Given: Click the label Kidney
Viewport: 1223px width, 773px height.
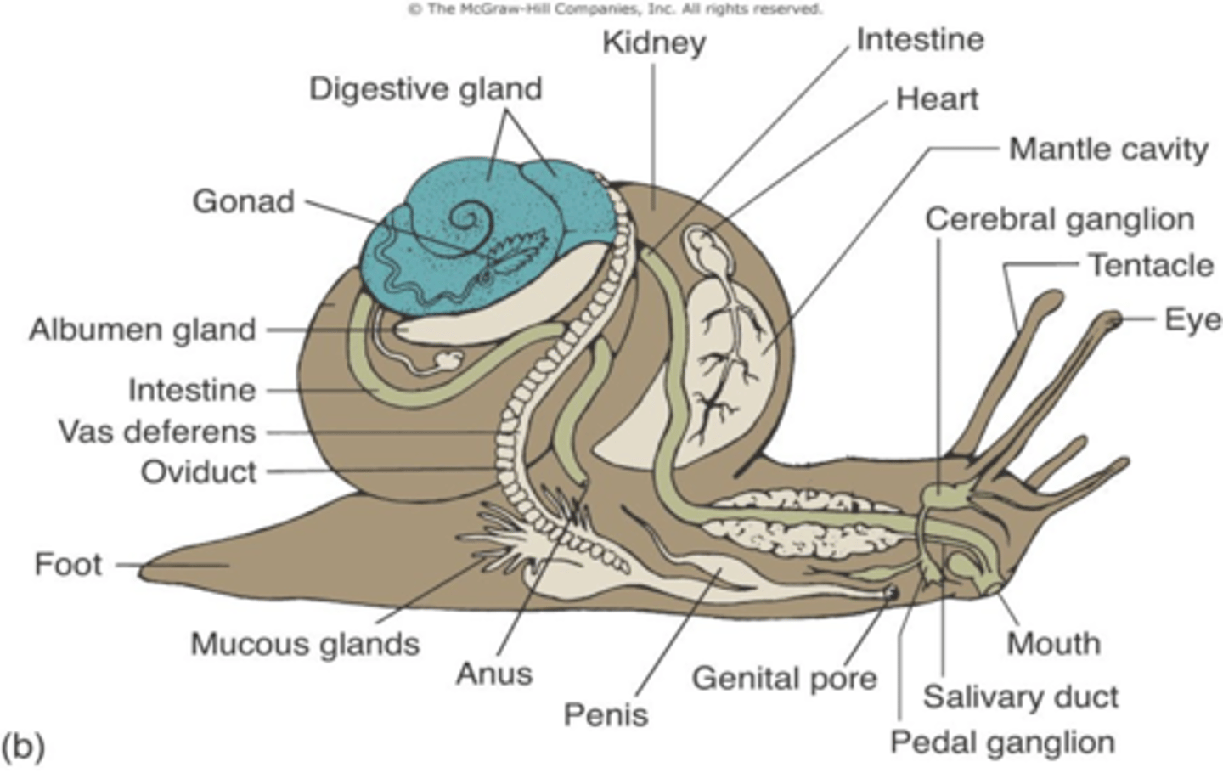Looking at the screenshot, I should (x=654, y=42).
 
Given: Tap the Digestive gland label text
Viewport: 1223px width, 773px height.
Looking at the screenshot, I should (x=425, y=89).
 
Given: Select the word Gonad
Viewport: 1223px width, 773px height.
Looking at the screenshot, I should (x=244, y=202).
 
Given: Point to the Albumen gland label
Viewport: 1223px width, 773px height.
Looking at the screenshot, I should (x=143, y=330).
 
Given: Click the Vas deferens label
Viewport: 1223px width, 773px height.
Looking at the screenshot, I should (x=157, y=432).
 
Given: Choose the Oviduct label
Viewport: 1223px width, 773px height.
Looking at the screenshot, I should (x=199, y=472).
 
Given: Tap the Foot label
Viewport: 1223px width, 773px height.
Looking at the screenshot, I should (x=68, y=564).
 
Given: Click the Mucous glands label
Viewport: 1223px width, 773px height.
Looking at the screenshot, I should (x=305, y=644).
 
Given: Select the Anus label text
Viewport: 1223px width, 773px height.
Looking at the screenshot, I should (x=494, y=674).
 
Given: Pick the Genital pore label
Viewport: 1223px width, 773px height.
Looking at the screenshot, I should (x=784, y=679).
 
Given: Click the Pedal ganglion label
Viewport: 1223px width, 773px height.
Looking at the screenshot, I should (x=1002, y=742).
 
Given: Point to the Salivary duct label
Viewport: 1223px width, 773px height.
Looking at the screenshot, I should (x=1021, y=697).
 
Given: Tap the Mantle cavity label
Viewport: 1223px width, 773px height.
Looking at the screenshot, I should (x=1108, y=150).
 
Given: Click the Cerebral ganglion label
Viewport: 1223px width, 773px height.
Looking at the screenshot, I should (x=1059, y=219).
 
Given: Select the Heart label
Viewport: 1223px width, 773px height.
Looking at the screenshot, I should (x=937, y=99).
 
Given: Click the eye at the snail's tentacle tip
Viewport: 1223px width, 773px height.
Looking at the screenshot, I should (x=1113, y=320).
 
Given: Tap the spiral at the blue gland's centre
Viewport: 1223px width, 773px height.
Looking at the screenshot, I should (x=468, y=218).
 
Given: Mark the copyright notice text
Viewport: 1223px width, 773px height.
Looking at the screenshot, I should (x=615, y=9).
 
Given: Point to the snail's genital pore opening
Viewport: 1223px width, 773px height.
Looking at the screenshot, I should (x=891, y=593).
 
